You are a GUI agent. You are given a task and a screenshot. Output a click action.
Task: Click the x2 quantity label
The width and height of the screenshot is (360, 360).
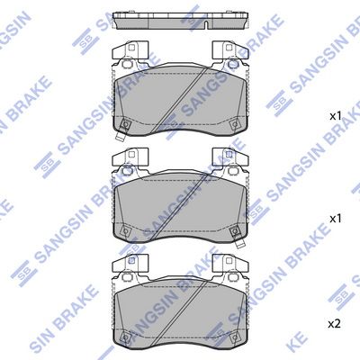[335, 324]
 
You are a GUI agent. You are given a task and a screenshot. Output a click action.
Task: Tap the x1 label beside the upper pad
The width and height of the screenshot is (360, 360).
[336, 116]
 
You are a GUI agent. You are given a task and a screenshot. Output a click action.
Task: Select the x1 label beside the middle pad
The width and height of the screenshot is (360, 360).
[336, 219]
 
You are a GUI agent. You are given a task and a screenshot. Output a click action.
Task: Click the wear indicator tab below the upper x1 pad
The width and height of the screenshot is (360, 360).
[121, 136]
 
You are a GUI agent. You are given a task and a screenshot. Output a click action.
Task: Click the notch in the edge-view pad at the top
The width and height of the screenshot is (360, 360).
[206, 25]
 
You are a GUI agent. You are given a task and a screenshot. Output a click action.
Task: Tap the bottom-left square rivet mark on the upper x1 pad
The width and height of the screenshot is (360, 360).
[126, 123]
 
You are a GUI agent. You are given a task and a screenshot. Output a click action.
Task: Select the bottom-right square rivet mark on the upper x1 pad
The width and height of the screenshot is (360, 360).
[234, 123]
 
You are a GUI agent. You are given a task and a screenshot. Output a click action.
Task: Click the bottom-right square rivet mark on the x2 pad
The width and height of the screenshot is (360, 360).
[234, 337]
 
